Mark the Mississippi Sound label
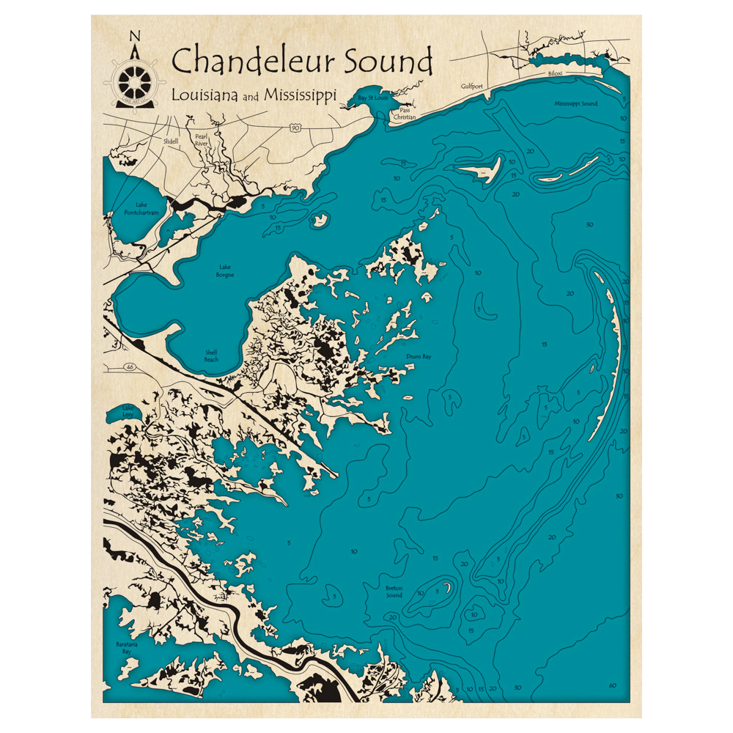575,104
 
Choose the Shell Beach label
211,356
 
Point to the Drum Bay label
419,357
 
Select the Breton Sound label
394,592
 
